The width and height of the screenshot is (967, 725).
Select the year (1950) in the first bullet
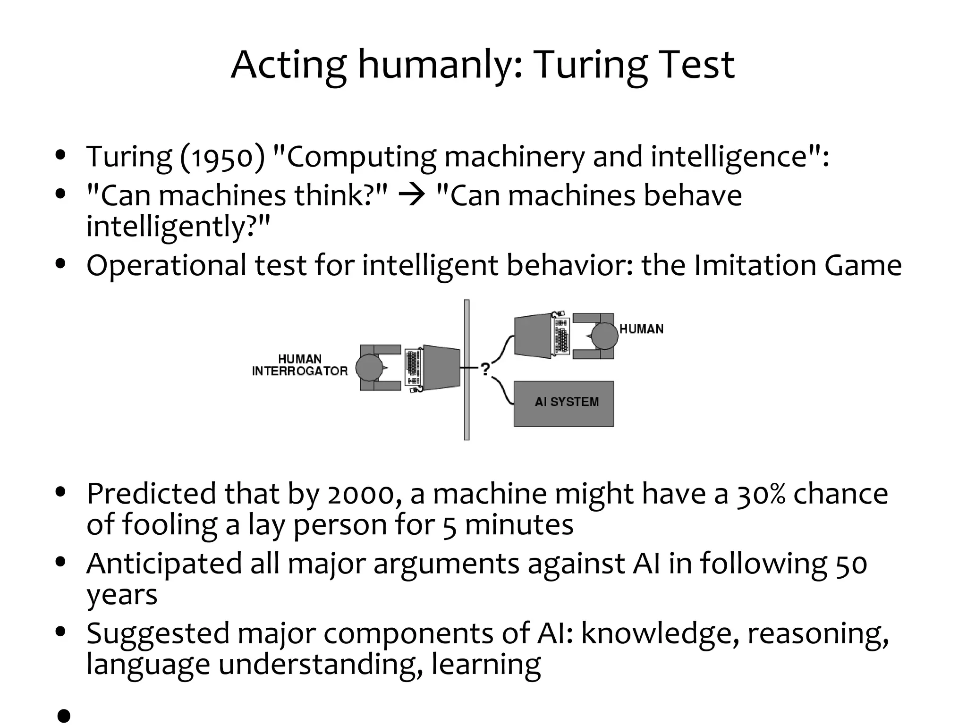(222, 157)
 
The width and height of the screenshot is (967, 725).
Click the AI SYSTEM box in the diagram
(564, 404)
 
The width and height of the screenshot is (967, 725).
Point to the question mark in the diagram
(485, 369)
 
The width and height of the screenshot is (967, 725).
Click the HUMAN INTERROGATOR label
(300, 365)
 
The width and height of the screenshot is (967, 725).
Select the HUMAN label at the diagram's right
(641, 329)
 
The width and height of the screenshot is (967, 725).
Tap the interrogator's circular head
(369, 368)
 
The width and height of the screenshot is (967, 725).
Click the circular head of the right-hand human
(604, 336)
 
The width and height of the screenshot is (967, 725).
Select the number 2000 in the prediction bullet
(361, 494)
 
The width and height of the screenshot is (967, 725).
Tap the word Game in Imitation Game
(863, 265)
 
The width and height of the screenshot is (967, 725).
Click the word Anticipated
(164, 564)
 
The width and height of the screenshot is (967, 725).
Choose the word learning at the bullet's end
(486, 664)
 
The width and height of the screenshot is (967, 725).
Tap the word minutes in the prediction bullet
(519, 524)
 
